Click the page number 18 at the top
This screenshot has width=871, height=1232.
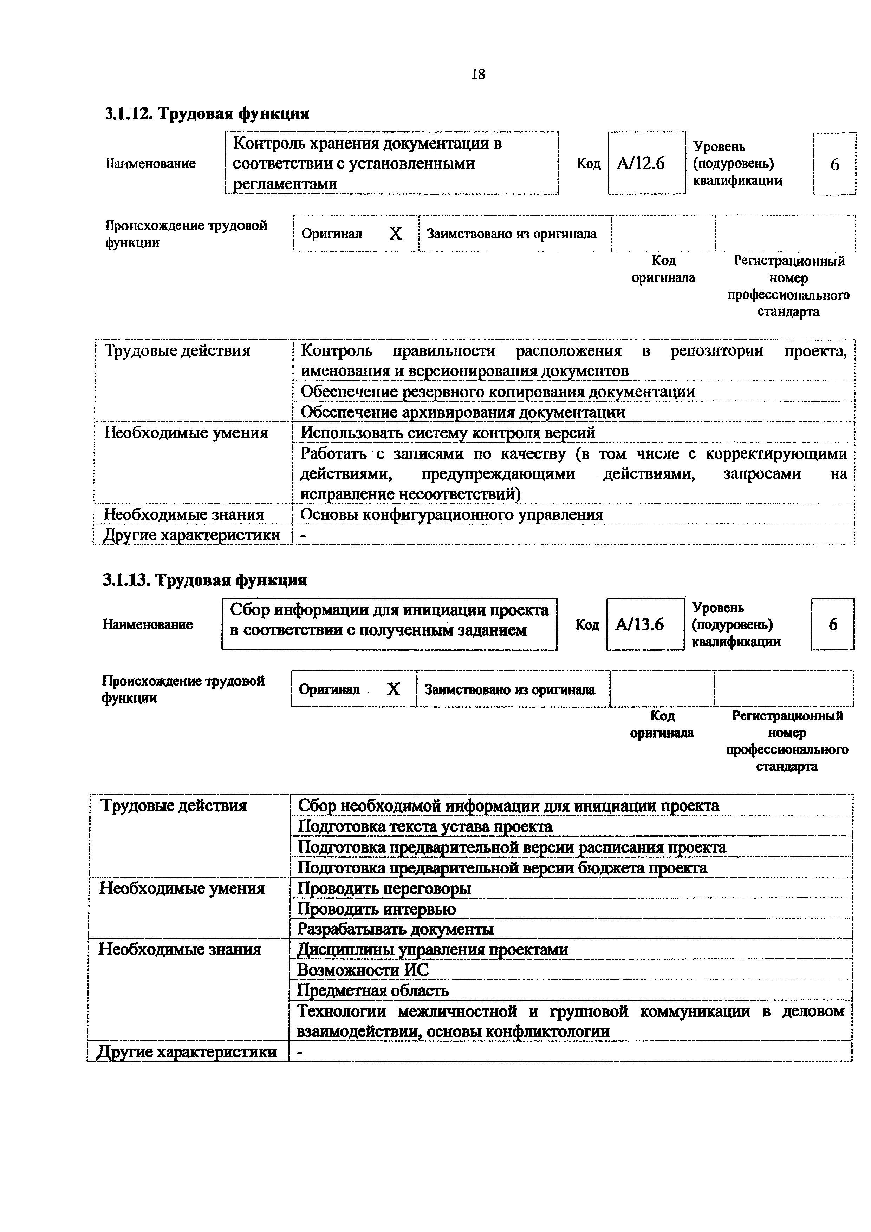pos(478,74)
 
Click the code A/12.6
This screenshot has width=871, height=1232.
pos(641,163)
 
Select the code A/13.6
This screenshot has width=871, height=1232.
pos(640,624)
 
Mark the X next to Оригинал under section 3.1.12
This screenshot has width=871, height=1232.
pos(396,234)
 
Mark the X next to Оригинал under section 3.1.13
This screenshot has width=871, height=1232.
pos(394,689)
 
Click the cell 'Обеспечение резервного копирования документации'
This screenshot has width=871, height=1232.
pos(498,392)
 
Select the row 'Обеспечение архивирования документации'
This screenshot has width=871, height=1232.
pos(463,412)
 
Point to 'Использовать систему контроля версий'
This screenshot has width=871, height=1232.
pos(448,432)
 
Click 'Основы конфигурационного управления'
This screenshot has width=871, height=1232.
pos(451,515)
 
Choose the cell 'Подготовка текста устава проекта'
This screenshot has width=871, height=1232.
pos(424,826)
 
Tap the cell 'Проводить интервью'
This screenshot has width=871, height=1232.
pos(377,909)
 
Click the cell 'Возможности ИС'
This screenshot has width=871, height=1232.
pos(363,970)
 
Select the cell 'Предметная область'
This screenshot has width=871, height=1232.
pos(373,990)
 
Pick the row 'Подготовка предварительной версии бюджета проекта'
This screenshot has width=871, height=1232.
pos(502,868)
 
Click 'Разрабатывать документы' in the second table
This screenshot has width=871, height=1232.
pos(396,929)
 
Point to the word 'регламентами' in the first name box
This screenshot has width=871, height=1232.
pos(286,184)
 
